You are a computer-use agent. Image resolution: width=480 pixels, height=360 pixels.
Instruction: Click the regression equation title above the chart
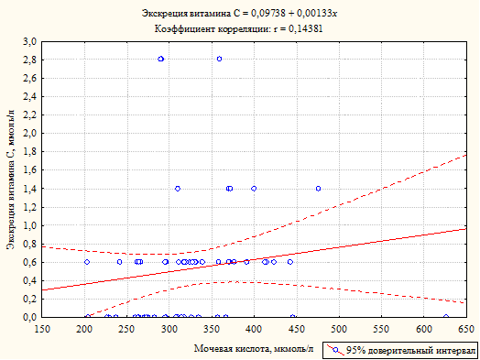click(x=239, y=14)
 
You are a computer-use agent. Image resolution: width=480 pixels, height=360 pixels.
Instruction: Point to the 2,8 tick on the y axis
click(x=31, y=60)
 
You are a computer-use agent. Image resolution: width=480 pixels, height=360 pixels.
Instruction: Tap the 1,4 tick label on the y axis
click(x=31, y=189)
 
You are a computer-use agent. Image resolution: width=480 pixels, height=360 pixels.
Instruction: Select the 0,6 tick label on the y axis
click(x=31, y=262)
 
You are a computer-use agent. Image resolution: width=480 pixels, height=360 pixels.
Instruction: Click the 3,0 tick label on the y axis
click(x=31, y=41)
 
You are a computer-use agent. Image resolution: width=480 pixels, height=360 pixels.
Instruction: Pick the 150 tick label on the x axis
click(x=42, y=329)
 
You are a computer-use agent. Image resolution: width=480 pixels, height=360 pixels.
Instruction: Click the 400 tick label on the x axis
click(x=254, y=329)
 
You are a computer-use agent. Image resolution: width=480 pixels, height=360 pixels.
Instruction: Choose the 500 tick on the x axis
click(x=339, y=329)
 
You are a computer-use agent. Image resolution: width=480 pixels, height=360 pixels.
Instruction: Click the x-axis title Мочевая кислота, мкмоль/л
click(x=254, y=348)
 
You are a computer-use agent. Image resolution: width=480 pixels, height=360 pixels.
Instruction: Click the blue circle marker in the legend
click(x=336, y=350)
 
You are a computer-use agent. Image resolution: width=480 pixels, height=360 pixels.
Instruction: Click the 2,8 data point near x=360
click(x=219, y=59)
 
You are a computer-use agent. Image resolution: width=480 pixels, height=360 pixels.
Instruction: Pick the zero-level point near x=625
click(x=446, y=317)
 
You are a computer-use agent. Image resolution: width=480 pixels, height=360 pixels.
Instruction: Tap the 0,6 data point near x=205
click(x=87, y=262)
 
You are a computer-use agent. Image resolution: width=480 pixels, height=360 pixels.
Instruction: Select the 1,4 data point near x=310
click(x=178, y=189)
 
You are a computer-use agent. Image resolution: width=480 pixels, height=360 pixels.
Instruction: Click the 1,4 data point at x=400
click(x=254, y=189)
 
